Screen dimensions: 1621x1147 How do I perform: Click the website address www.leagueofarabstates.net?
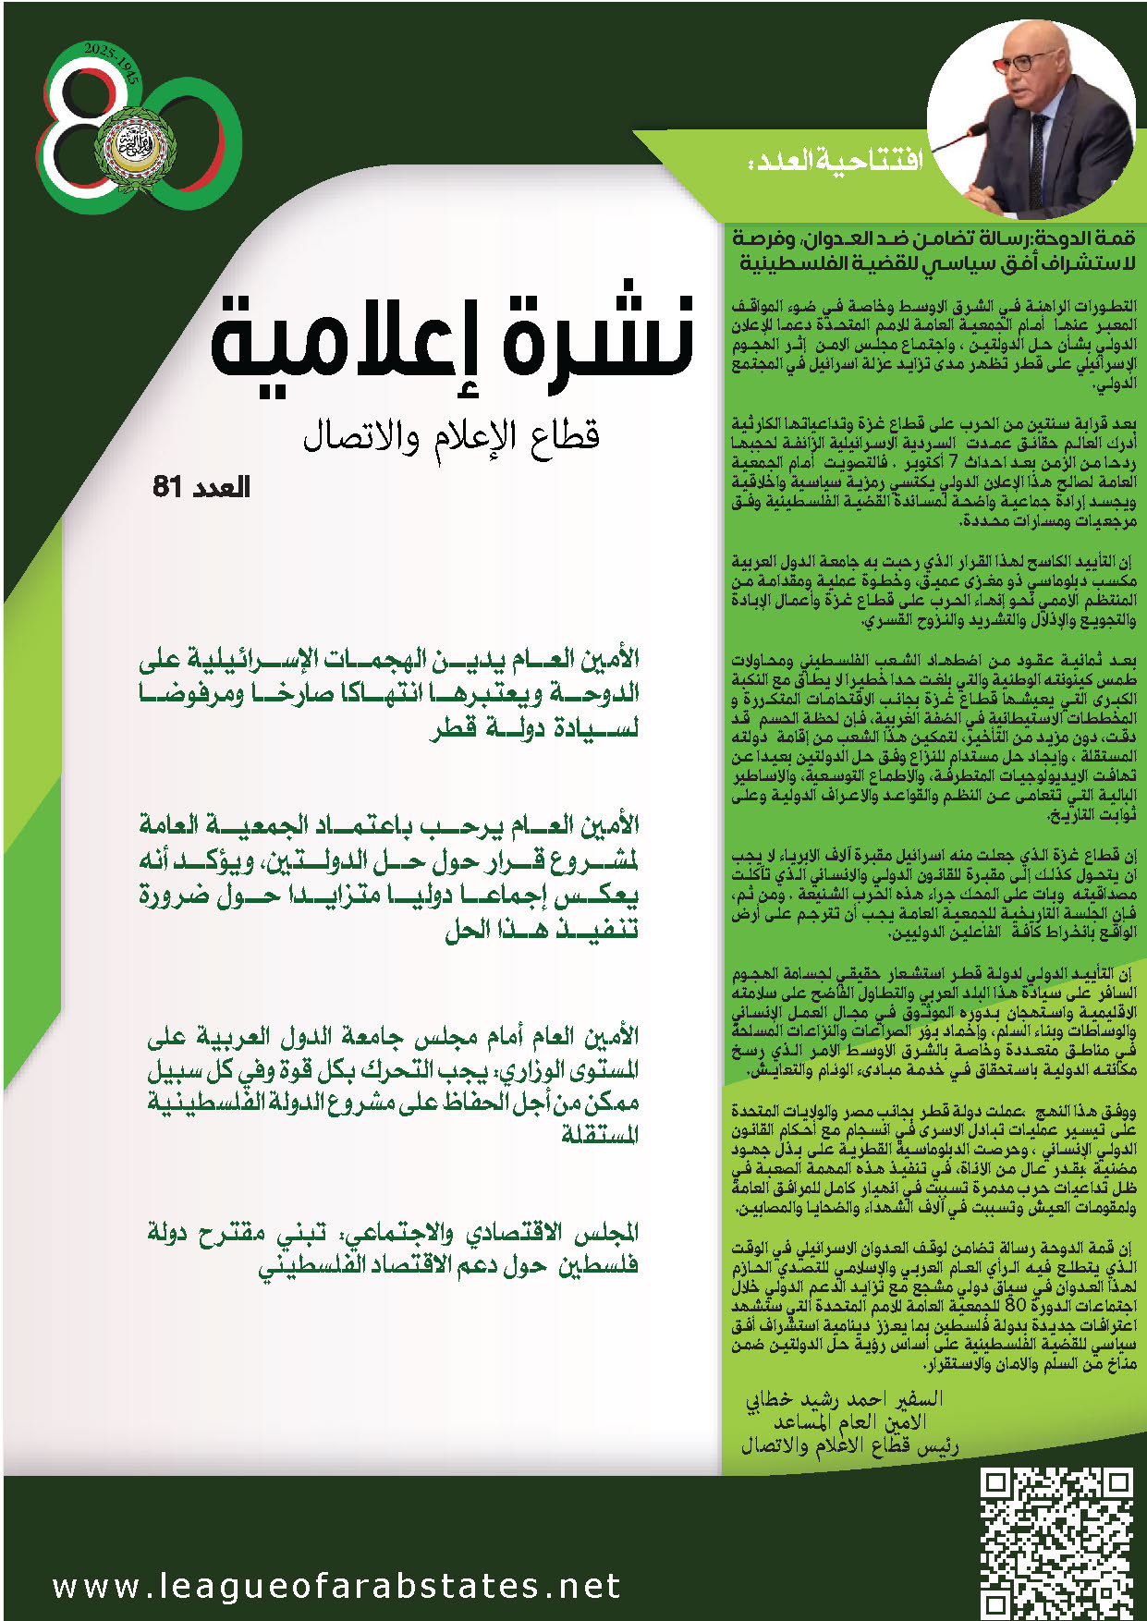pyautogui.click(x=336, y=1586)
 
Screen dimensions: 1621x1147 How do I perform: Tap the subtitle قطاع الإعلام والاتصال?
pyautogui.click(x=451, y=434)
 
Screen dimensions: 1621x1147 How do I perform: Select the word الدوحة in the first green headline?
pyautogui.click(x=601, y=693)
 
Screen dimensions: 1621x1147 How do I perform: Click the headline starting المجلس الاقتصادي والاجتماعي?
pyautogui.click(x=393, y=1248)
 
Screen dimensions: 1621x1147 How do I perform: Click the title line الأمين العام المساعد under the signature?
pyautogui.click(x=849, y=1421)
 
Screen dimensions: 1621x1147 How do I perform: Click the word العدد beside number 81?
pyautogui.click(x=218, y=487)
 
